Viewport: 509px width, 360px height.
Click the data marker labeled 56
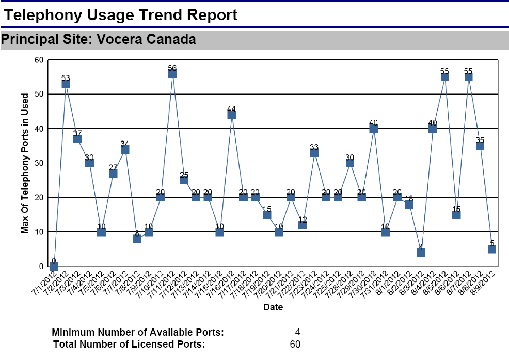click(x=172, y=73)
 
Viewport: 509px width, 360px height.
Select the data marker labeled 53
click(x=66, y=84)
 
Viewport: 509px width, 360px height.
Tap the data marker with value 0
click(x=54, y=266)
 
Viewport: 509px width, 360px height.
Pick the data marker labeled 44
click(x=232, y=115)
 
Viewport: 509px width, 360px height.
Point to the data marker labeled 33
click(x=314, y=152)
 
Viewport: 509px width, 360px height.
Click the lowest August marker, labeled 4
click(x=421, y=253)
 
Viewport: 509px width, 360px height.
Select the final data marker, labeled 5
click(x=492, y=249)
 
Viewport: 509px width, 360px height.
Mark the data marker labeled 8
click(x=137, y=239)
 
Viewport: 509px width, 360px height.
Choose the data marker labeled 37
click(x=77, y=139)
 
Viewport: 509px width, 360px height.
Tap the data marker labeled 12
click(x=303, y=225)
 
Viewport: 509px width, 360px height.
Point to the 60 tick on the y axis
click(x=39, y=60)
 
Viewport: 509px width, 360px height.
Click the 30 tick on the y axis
click(x=39, y=163)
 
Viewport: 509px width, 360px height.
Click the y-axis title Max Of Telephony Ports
click(x=25, y=163)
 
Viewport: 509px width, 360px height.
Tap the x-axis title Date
click(x=273, y=307)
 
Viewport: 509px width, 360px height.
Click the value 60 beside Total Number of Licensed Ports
click(x=295, y=345)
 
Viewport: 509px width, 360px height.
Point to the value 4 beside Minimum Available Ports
click(x=297, y=332)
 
